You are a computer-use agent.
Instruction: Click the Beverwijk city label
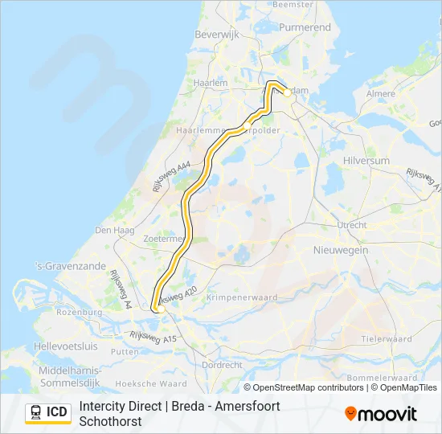(213, 35)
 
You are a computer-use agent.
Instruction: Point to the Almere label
(380, 94)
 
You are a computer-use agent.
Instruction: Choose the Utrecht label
(352, 225)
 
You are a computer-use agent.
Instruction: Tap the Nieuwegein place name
(341, 251)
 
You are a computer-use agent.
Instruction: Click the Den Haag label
(111, 230)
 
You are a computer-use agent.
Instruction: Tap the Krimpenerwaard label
(241, 297)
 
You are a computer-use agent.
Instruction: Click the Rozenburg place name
(80, 312)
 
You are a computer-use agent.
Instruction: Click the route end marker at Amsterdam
(287, 92)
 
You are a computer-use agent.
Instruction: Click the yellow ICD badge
(48, 413)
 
